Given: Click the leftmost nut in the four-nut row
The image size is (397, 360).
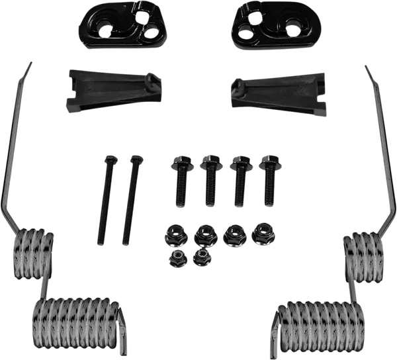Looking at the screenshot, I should pos(175,236).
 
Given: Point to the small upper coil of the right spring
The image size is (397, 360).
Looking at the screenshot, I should pos(364,254).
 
